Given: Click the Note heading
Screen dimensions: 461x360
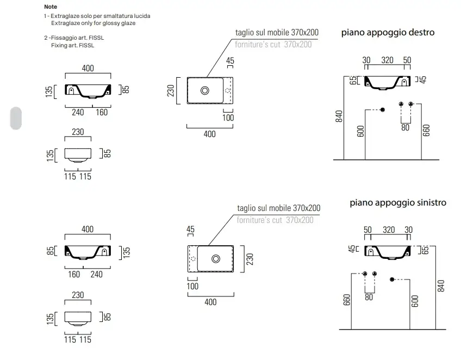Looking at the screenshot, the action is (x=51, y=7).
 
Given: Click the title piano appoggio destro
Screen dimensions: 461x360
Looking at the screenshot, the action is (x=388, y=33).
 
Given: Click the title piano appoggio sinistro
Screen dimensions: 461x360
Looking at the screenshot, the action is (x=398, y=203).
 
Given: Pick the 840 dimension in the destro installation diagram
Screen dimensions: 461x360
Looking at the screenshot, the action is (x=339, y=116).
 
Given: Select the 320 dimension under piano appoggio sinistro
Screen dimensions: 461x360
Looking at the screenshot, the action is (x=389, y=229).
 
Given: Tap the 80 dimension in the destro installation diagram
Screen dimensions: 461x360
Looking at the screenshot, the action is (x=405, y=127).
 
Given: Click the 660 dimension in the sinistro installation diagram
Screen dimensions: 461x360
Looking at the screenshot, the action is (x=347, y=300).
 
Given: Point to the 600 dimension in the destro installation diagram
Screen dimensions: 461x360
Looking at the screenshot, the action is (x=360, y=131).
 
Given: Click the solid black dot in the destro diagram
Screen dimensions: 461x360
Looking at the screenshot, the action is (x=383, y=110).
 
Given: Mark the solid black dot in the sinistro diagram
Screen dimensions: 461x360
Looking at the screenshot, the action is (x=392, y=280).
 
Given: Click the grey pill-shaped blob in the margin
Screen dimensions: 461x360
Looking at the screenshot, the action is (x=16, y=118).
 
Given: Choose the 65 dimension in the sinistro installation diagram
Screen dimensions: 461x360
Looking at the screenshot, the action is (x=426, y=250).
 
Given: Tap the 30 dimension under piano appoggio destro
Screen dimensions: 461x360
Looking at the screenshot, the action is (x=366, y=60).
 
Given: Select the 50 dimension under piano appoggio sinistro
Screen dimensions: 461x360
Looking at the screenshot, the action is (x=368, y=229).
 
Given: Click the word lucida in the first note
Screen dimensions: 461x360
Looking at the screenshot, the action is (x=143, y=16).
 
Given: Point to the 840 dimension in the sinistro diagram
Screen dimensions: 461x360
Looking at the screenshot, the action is (x=441, y=286).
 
